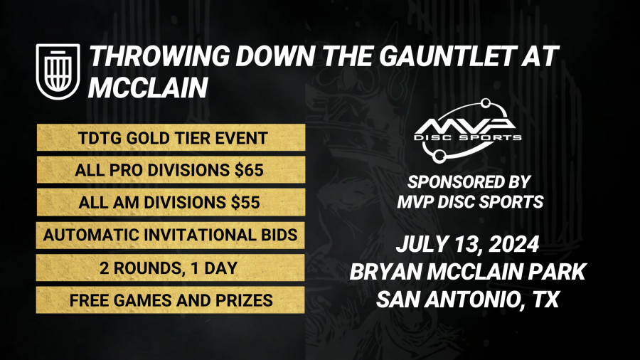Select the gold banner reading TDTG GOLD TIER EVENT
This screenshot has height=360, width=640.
(x=170, y=138)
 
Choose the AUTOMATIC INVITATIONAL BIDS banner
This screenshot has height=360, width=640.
(x=170, y=235)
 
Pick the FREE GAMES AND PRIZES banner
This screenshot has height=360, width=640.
(x=170, y=300)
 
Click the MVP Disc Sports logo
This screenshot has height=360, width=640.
(x=468, y=128)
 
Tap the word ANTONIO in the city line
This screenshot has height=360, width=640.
(x=471, y=300)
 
